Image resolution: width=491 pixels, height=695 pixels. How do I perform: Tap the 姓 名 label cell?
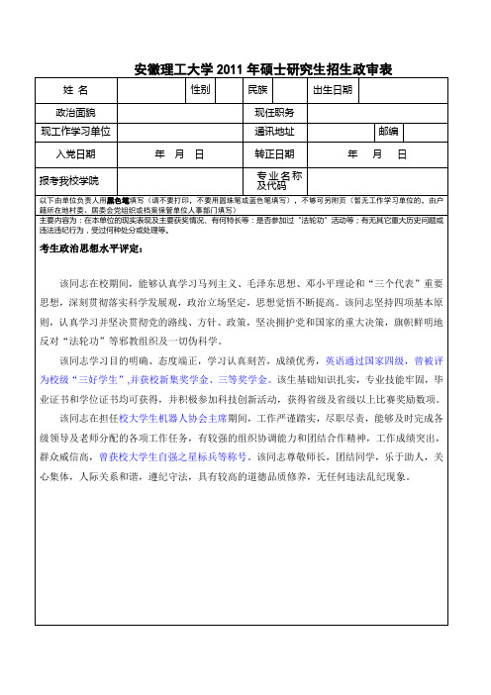(x=76, y=91)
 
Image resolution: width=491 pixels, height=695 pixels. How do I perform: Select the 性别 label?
(x=199, y=90)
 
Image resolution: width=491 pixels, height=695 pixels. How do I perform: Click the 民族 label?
(x=257, y=90)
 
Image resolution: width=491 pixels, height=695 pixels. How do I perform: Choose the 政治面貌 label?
(x=76, y=113)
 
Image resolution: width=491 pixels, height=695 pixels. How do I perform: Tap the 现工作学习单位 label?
(x=76, y=132)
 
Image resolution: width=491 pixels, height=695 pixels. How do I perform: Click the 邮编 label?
(x=387, y=132)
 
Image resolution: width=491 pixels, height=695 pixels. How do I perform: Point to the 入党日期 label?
(x=76, y=154)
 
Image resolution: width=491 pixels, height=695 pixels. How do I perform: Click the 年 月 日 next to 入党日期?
(x=179, y=154)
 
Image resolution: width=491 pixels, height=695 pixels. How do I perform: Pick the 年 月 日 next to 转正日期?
(x=377, y=154)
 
